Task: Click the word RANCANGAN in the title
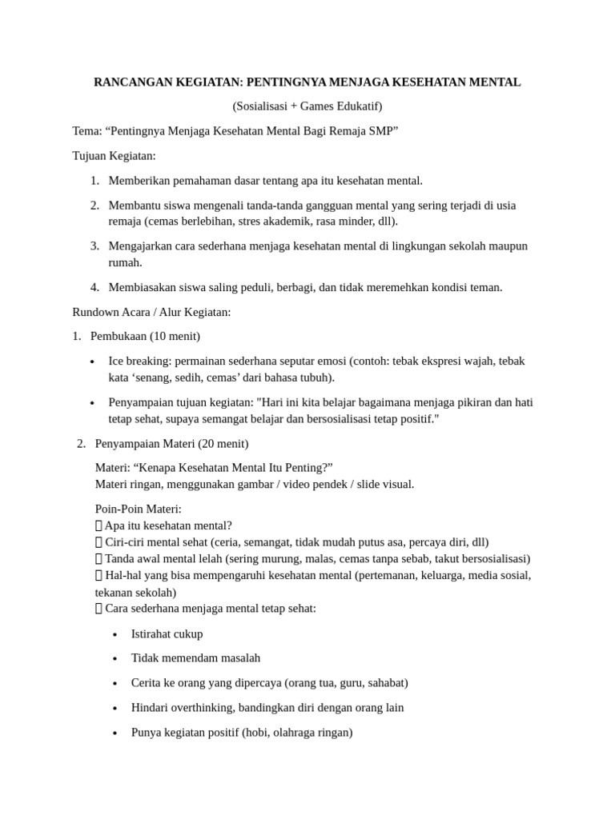pos(129,82)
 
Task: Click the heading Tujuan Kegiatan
pos(114,155)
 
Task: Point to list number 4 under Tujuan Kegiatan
pos(94,287)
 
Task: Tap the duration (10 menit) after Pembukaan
pos(175,336)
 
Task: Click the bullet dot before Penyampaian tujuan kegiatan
pos(94,403)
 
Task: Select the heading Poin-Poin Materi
pos(138,509)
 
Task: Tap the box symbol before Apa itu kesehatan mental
pos(98,525)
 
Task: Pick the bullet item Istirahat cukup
pos(167,633)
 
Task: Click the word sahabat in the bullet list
pos(385,683)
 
